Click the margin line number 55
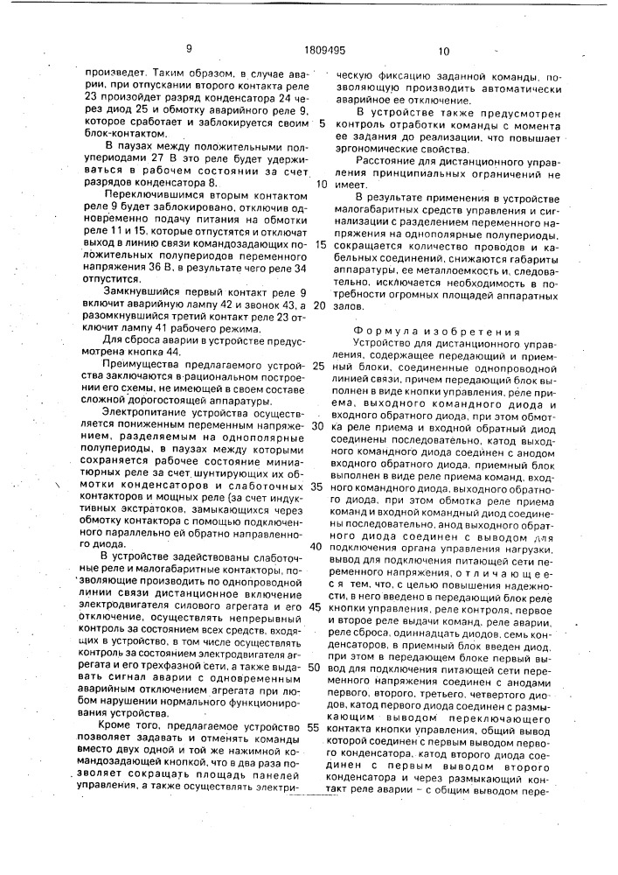[311, 727]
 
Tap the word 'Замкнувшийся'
[140, 290]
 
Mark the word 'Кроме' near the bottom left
[121, 727]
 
